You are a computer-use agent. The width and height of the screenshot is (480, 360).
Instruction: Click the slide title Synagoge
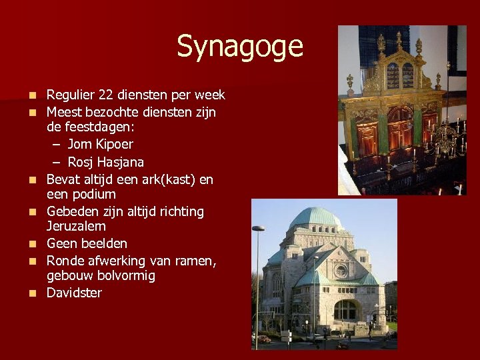(x=239, y=47)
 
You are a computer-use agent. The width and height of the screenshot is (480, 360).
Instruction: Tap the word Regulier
(x=70, y=95)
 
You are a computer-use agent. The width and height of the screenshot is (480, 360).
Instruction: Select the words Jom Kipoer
(x=100, y=144)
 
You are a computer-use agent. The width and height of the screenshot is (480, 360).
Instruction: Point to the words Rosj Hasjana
(x=105, y=162)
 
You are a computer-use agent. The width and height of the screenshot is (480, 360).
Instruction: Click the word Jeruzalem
(x=77, y=227)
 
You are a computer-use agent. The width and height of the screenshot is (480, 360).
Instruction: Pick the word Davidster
(x=74, y=293)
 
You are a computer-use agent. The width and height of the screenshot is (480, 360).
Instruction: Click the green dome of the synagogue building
(x=316, y=217)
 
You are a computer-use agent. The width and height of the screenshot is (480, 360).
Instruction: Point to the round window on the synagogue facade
(x=341, y=271)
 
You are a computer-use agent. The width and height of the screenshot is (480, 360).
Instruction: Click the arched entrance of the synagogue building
(x=345, y=310)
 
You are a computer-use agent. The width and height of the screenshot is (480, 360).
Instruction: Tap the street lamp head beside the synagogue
(x=258, y=229)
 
